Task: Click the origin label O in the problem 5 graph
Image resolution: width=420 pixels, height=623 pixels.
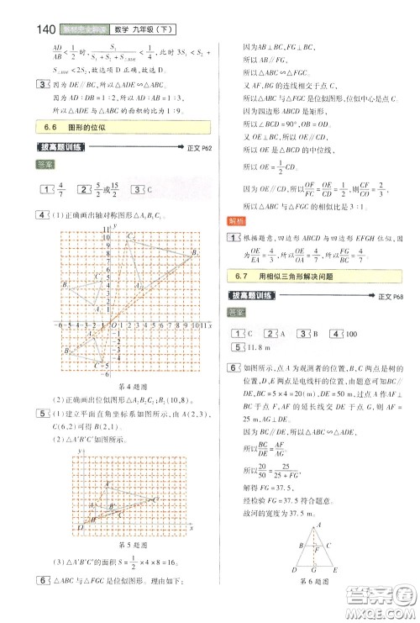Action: click(81, 532)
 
